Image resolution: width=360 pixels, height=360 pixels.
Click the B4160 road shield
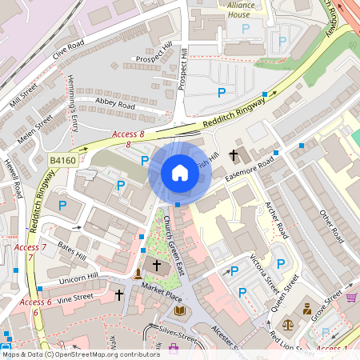point(62,160)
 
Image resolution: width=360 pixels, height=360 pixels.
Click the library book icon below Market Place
point(180,310)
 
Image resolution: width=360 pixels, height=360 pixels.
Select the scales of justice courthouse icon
point(306,309)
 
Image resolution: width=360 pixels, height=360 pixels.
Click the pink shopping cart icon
point(351,298)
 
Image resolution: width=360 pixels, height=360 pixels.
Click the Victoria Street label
point(265,271)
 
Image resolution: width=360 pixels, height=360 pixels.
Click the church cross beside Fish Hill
point(234,154)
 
